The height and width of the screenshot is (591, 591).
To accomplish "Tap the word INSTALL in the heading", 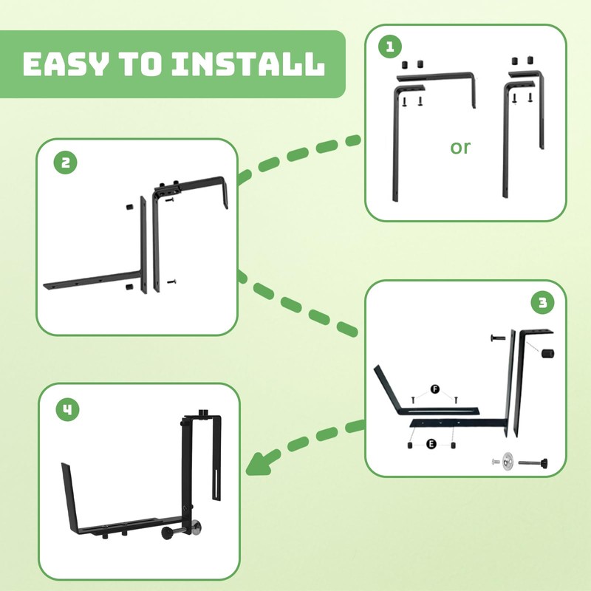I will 247,65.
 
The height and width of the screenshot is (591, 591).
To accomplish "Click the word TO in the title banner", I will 140,65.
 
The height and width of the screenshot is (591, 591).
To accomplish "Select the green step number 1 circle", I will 389,47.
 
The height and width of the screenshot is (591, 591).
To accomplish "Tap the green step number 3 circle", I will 543,302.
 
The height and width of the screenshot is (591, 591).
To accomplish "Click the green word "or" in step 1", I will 460,147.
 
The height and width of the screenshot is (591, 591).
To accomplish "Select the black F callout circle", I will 434,389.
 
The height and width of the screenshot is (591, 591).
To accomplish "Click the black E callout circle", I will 431,445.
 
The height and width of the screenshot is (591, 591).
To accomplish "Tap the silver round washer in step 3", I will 508,462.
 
